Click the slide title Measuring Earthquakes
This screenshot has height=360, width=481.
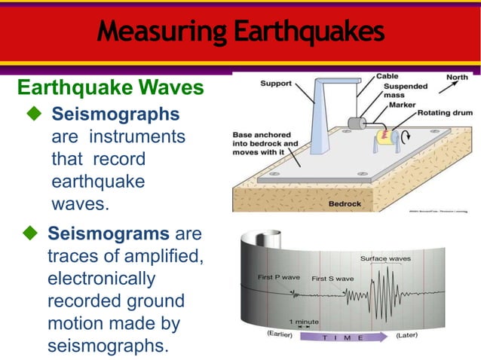pos(240,32)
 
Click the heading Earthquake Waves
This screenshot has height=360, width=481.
pos(110,88)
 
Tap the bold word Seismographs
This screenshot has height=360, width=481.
pos(115,114)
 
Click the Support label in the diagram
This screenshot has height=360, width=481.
pos(275,83)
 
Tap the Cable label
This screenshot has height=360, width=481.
pos(388,77)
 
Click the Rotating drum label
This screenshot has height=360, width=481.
pos(445,113)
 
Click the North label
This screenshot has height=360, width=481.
pos(457,77)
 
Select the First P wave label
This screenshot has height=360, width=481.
pos(277,278)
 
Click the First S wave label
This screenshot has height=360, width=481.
pos(332,279)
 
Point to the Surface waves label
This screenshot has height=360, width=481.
pos(384,258)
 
